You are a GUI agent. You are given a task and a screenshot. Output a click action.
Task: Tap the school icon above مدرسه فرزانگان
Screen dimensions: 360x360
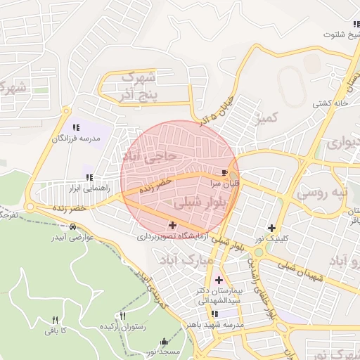(x=75, y=127)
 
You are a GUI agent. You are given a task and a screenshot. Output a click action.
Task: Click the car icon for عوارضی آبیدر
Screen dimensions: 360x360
(x=73, y=227)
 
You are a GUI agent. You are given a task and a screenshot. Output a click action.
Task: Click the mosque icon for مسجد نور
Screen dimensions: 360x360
(x=165, y=340)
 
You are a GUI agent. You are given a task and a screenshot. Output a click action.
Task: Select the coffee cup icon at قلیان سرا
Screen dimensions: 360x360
(x=224, y=172)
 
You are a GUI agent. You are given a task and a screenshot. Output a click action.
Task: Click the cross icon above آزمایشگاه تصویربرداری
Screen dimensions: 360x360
(x=173, y=225)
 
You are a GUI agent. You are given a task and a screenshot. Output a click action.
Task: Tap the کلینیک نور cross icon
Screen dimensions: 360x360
(x=272, y=228)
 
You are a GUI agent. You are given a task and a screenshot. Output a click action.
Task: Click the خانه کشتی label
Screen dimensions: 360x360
(x=331, y=103)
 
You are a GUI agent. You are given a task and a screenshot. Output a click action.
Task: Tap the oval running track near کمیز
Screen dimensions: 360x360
(x=292, y=84)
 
